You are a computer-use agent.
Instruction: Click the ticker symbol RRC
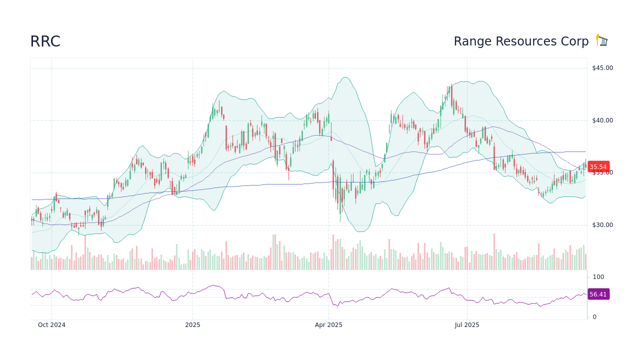(45, 41)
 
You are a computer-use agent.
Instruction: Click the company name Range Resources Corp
(521, 41)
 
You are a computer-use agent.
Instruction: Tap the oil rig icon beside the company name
(602, 40)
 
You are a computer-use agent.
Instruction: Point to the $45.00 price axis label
(602, 68)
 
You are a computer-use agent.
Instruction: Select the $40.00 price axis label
(602, 120)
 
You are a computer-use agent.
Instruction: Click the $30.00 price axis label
(602, 225)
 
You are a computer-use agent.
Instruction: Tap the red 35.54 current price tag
(598, 167)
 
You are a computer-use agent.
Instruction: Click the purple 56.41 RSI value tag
(598, 294)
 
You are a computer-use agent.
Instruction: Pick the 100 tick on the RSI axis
(598, 277)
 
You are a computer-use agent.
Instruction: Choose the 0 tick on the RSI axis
(594, 317)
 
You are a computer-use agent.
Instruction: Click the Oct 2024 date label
(51, 325)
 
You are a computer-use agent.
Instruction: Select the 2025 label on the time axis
(192, 325)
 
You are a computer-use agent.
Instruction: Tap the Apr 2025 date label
(328, 325)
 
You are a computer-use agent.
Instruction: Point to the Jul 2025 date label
(467, 325)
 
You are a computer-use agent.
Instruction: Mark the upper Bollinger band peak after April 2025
(345, 77)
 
